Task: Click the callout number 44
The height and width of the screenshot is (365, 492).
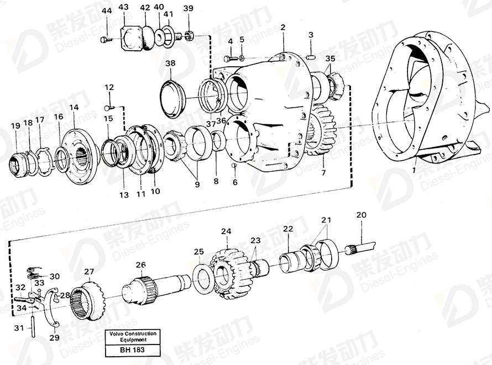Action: click(x=107, y=11)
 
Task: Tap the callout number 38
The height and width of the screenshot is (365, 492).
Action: click(x=170, y=64)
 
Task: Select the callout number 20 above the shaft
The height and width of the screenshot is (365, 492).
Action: click(x=361, y=215)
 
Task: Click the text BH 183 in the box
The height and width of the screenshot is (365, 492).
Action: click(x=132, y=350)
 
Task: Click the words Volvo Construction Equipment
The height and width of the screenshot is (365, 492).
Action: click(x=133, y=337)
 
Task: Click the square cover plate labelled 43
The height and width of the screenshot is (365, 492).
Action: click(x=131, y=37)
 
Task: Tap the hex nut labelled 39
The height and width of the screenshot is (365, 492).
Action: click(x=190, y=35)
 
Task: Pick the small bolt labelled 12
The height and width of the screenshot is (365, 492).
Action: click(x=109, y=108)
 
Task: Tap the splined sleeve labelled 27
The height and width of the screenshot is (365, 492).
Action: click(x=90, y=301)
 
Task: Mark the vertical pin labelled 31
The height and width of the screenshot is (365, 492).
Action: click(x=34, y=326)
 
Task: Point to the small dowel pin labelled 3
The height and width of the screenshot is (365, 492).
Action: click(x=310, y=57)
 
